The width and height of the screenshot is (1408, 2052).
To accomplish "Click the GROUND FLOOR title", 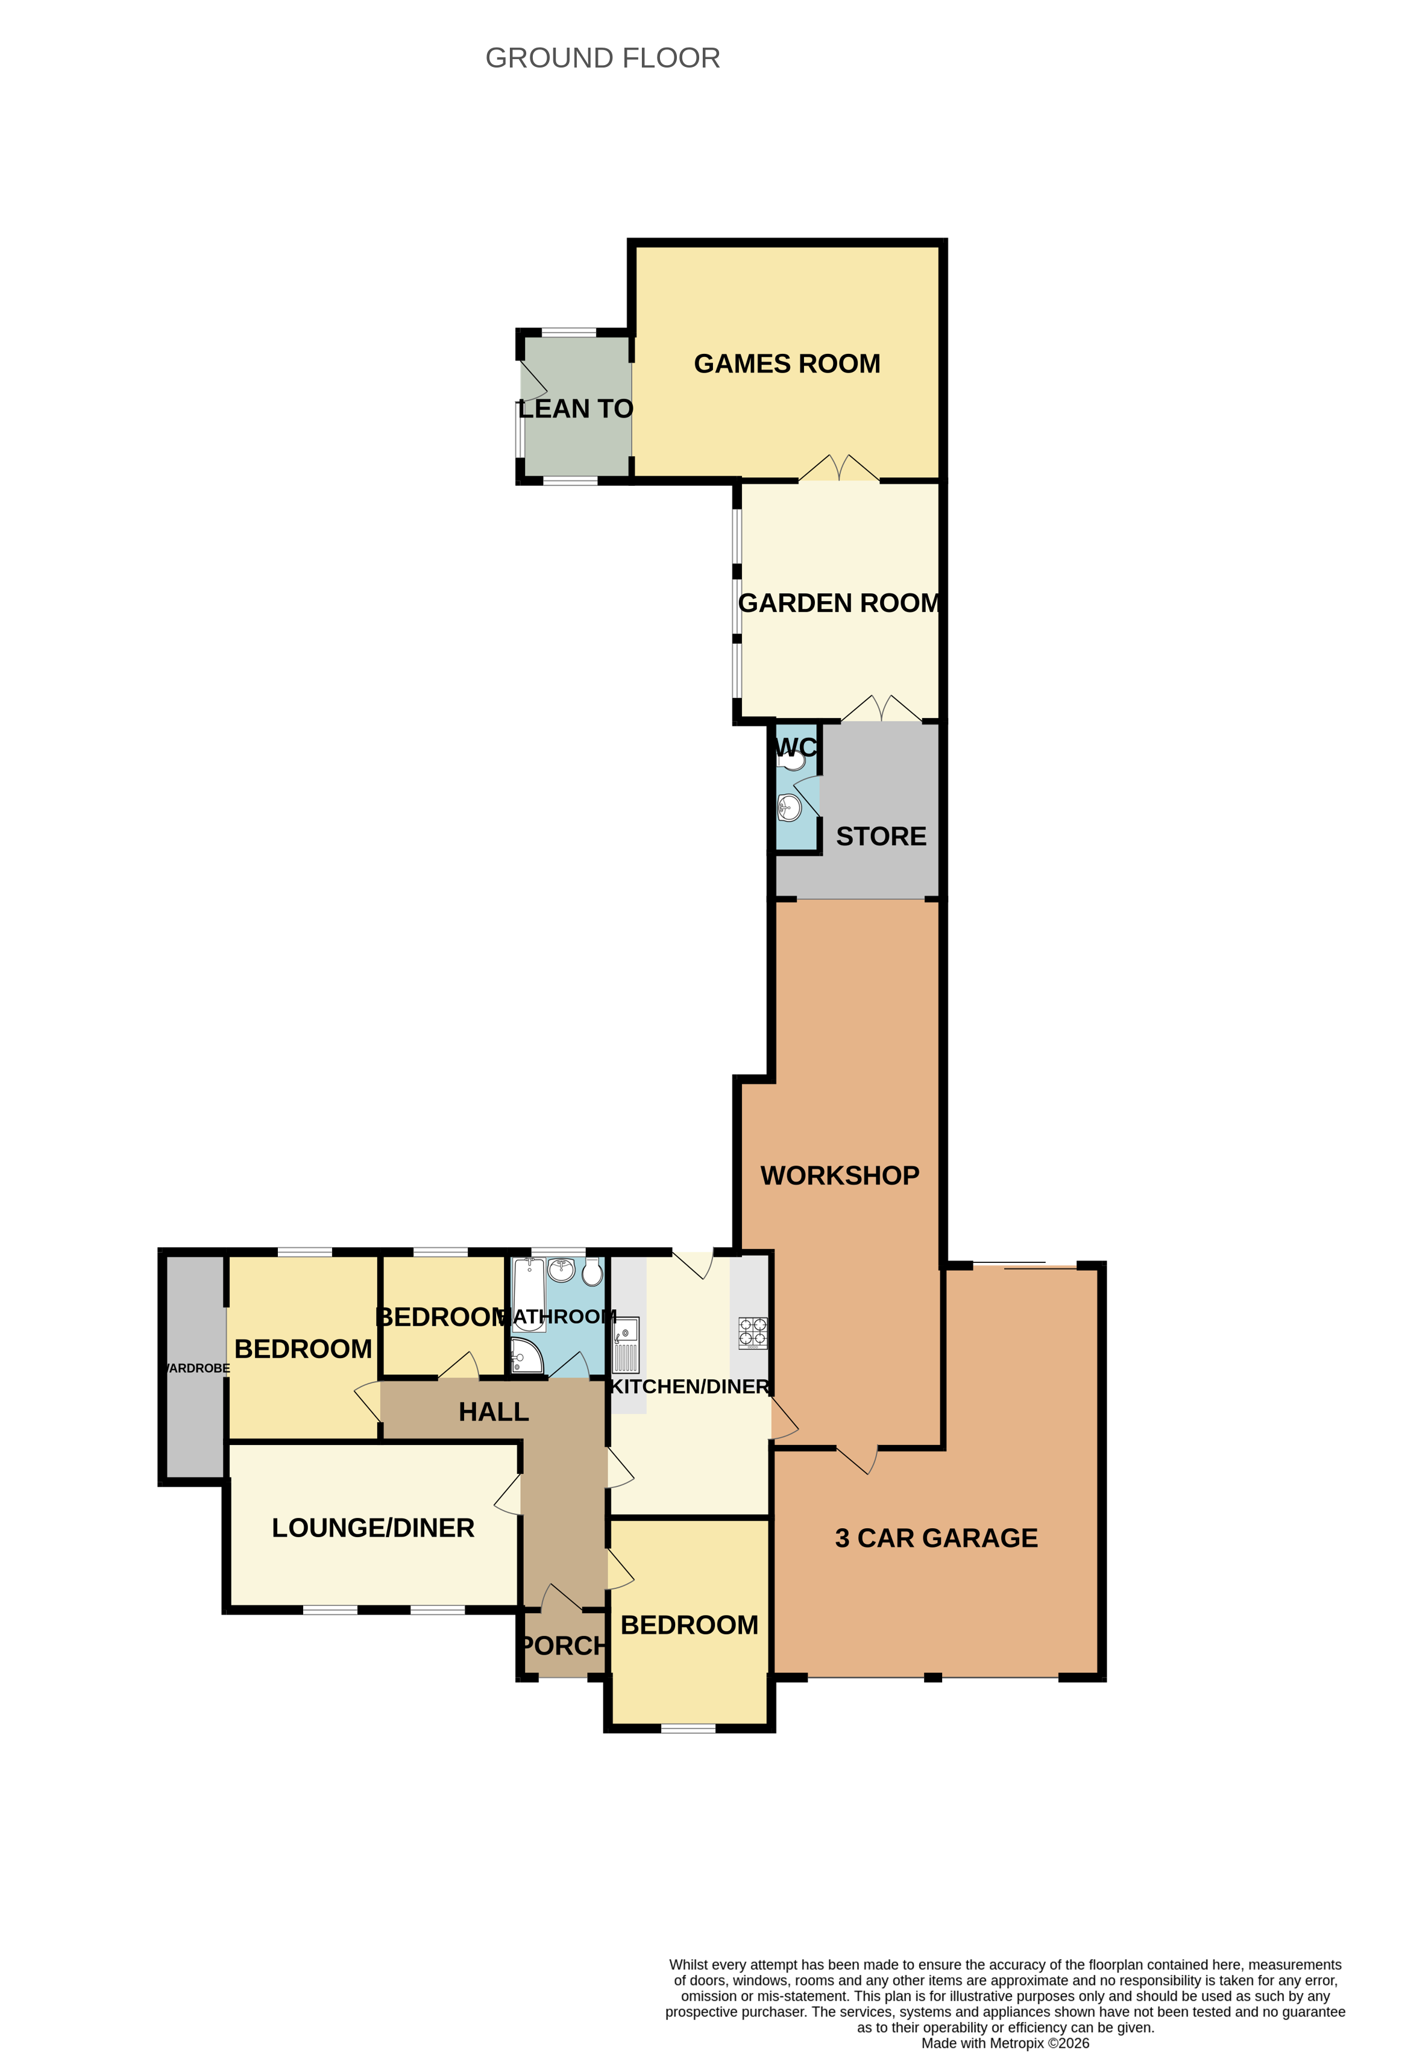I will click(602, 58).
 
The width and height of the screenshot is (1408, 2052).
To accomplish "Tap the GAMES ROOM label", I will click(787, 364).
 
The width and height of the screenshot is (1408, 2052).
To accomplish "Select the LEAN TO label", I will click(576, 409).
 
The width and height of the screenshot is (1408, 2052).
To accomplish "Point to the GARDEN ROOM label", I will click(838, 603).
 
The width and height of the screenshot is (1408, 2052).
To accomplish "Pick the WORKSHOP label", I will click(840, 1175).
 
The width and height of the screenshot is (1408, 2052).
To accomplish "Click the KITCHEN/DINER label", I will click(690, 1386).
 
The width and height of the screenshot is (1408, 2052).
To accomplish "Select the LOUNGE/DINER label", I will click(372, 1528).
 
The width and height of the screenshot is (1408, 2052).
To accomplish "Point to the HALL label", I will click(494, 1412).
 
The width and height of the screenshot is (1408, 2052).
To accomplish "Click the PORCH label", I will click(563, 1646).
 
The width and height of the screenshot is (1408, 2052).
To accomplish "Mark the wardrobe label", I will click(198, 1368).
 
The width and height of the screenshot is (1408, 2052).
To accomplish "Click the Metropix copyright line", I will click(1005, 2042).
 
